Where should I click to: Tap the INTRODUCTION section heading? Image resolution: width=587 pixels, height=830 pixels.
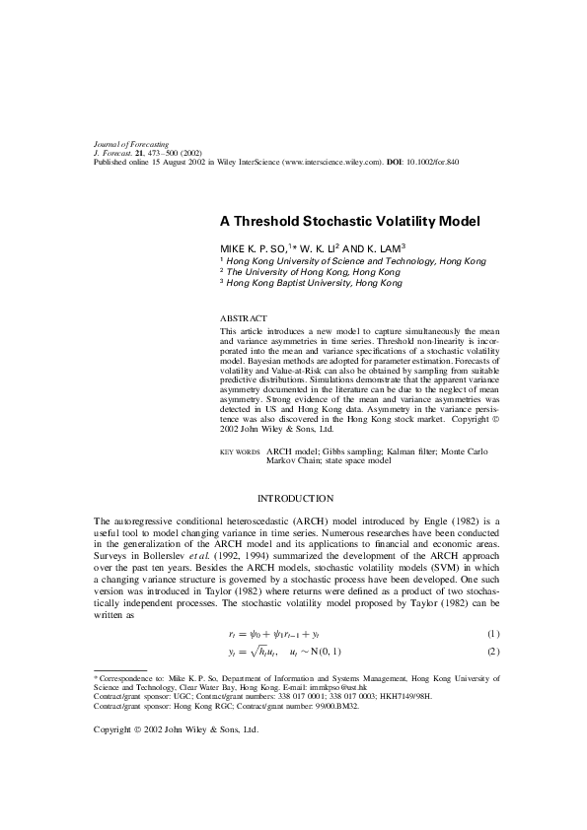tap(295, 498)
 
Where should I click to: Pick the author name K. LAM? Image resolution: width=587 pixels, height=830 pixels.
tap(374, 248)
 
